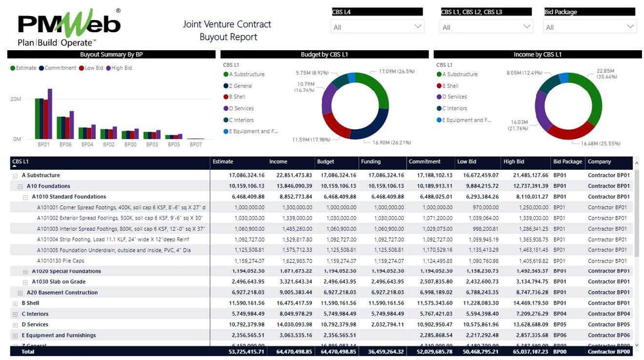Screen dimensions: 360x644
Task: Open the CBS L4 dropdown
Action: (378, 27)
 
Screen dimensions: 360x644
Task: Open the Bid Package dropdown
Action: (589, 27)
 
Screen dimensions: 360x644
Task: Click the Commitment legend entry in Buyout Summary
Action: (60, 67)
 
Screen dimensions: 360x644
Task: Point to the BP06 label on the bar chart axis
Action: (66, 145)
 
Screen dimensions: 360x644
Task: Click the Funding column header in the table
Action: (371, 162)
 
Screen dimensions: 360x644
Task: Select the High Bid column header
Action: (514, 162)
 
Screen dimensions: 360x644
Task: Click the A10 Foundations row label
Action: (49, 186)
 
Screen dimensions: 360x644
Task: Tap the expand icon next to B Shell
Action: (15, 303)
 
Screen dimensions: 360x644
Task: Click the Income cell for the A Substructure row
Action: (294, 175)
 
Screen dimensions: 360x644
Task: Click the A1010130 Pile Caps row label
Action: (60, 261)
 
